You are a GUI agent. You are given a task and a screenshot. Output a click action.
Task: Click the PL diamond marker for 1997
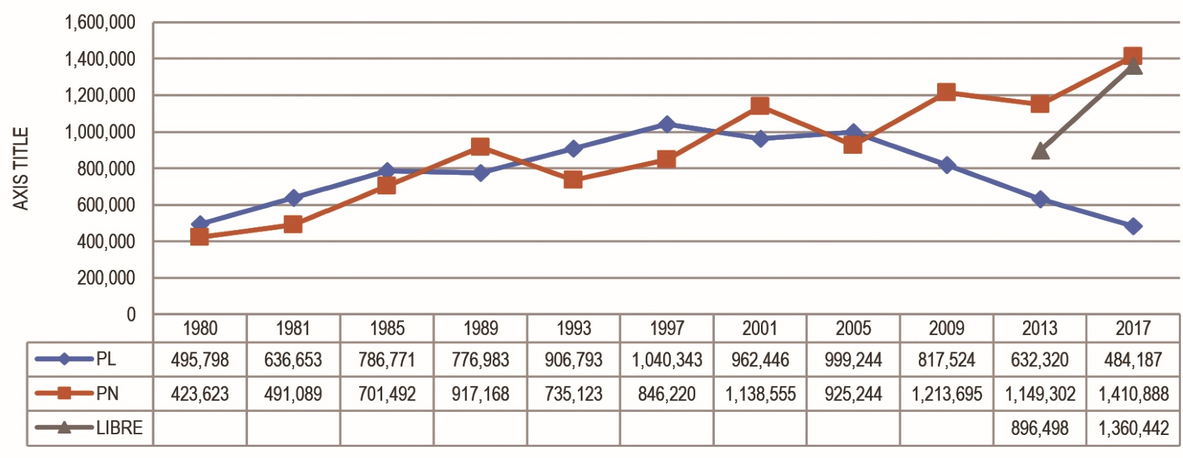click(x=667, y=124)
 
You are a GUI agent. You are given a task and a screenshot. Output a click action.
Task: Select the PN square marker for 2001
click(x=760, y=106)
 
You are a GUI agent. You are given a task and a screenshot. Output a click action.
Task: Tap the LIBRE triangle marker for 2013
click(x=1040, y=150)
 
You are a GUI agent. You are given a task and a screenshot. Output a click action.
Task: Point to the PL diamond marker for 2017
click(x=1133, y=226)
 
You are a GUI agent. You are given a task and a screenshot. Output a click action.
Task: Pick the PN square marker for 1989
click(x=480, y=146)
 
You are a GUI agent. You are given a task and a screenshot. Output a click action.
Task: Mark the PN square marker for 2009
click(x=946, y=92)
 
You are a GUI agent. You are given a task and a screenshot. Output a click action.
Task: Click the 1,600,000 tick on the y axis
click(x=100, y=22)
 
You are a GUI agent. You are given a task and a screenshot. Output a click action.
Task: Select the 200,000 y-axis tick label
click(x=106, y=278)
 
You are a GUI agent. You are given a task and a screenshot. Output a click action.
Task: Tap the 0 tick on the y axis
click(x=131, y=315)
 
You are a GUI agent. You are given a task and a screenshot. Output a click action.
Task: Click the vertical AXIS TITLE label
click(x=21, y=169)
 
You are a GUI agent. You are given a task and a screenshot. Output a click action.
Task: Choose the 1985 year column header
click(x=387, y=328)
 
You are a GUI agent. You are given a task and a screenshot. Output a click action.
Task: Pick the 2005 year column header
click(x=853, y=328)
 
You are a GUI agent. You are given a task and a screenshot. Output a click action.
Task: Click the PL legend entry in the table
click(x=89, y=359)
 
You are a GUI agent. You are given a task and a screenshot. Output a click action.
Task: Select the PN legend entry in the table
click(x=89, y=394)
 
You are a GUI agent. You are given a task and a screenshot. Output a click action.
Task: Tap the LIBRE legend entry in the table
click(x=89, y=428)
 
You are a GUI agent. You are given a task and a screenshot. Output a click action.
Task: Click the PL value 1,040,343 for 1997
click(x=667, y=360)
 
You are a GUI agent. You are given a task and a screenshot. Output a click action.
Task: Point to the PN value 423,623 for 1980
click(x=200, y=394)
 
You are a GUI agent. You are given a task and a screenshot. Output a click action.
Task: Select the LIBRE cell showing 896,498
click(x=1040, y=428)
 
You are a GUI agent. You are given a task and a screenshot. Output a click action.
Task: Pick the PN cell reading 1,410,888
click(x=1133, y=394)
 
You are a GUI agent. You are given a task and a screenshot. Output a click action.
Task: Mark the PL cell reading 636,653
click(x=293, y=360)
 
